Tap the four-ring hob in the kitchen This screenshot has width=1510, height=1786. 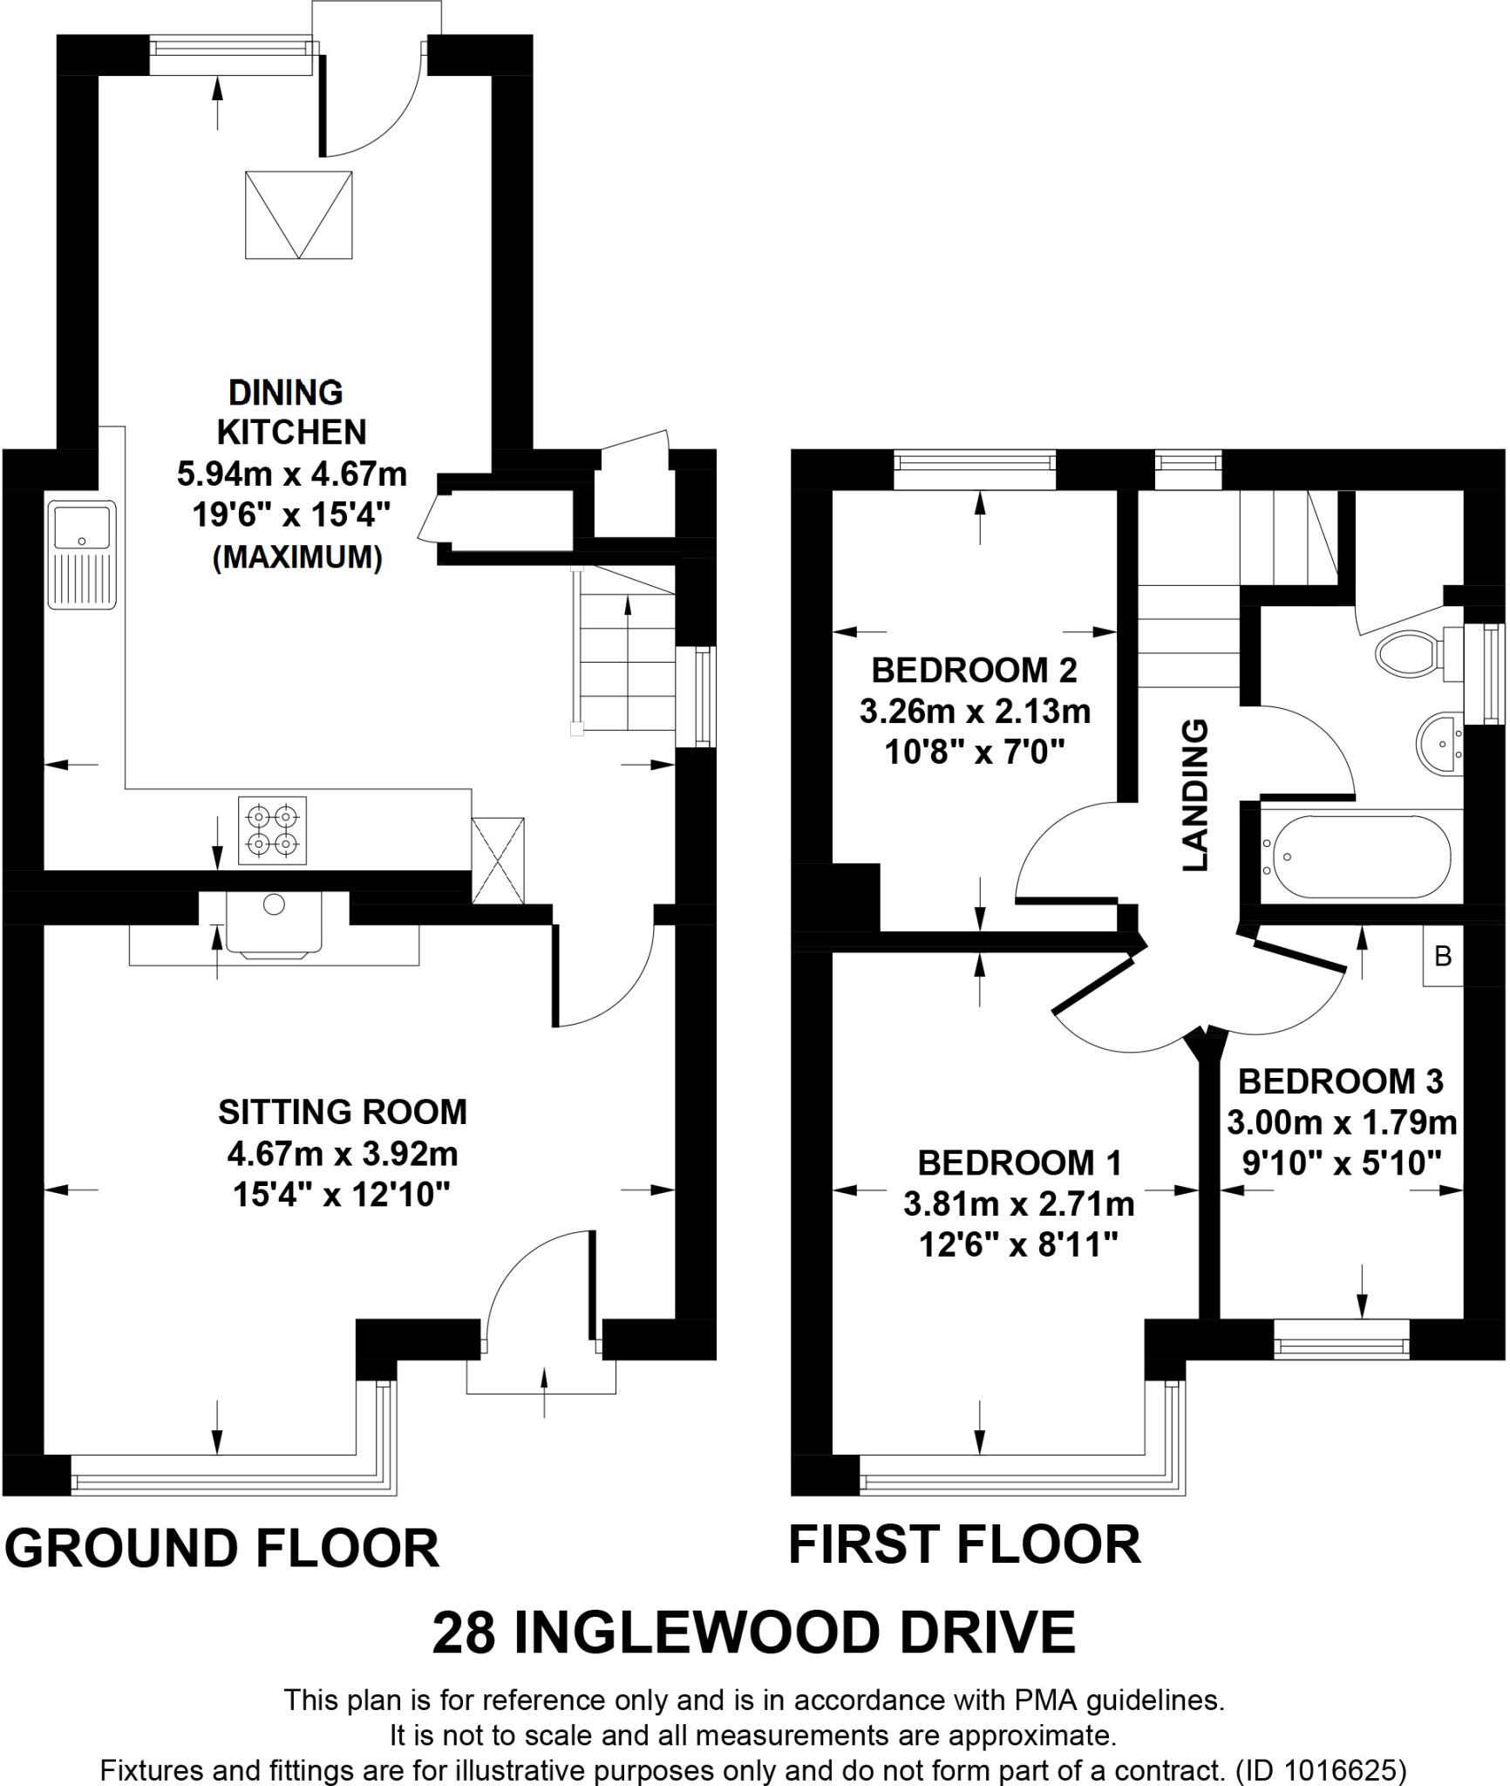(x=273, y=830)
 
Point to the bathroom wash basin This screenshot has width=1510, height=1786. (x=1440, y=743)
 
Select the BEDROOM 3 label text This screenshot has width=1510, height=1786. (x=1341, y=1082)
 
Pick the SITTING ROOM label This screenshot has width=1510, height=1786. (x=343, y=1112)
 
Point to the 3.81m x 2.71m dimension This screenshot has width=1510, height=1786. (x=1018, y=1204)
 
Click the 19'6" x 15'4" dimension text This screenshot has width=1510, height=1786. (x=291, y=515)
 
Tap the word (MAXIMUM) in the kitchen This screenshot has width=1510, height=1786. (x=297, y=556)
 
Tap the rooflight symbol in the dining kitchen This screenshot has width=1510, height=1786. (x=299, y=215)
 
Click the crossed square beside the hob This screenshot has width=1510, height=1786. (x=498, y=860)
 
